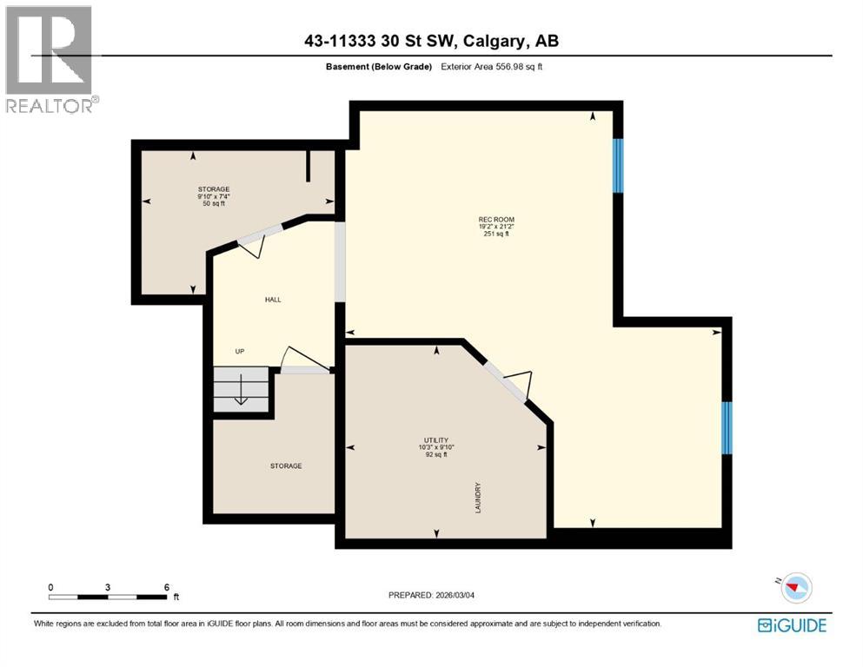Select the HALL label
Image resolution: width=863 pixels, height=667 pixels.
point(273,300)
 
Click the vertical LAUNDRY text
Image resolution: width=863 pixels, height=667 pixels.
point(478,498)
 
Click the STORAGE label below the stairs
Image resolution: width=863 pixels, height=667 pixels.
point(286,466)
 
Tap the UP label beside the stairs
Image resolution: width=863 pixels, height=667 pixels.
point(239,352)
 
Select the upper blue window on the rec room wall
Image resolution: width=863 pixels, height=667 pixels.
point(618,166)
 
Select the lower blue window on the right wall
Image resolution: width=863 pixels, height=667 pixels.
point(727,428)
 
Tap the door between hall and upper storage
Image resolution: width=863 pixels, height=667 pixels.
point(258,238)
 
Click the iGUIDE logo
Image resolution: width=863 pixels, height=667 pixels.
point(792,624)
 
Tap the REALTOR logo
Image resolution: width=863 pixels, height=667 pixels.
point(50,59)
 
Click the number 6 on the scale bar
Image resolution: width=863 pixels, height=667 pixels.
point(166,587)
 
